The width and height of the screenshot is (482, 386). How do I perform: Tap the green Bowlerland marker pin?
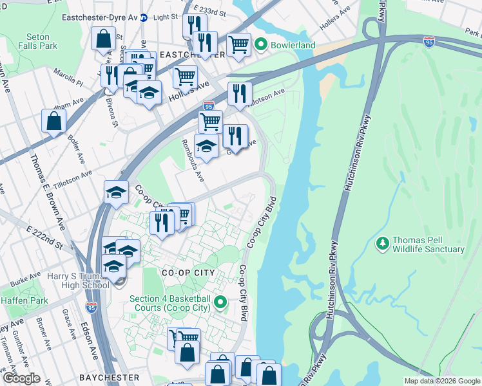point(260,45)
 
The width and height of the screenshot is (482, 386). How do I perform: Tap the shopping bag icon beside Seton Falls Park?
point(103,39)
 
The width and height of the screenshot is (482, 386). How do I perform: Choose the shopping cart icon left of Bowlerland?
point(238,44)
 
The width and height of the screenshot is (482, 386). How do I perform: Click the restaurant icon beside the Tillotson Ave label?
point(239,93)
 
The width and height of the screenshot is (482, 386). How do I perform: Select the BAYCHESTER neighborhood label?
point(109,377)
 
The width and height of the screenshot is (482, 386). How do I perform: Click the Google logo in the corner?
point(21,378)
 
